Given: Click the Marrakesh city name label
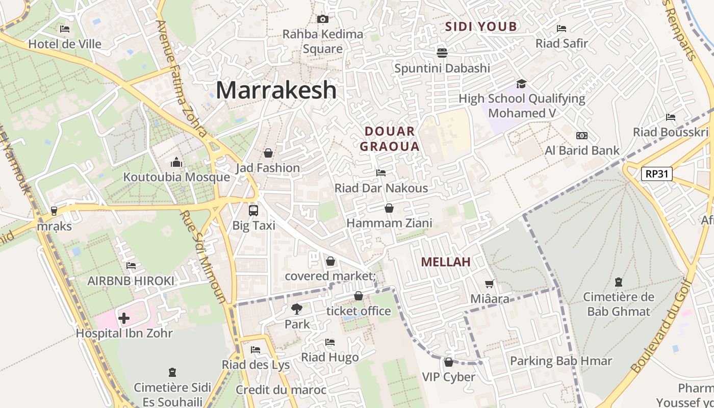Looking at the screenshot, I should [x=276, y=90].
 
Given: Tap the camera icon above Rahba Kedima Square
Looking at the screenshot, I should [x=322, y=19].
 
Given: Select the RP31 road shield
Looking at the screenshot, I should [x=656, y=174].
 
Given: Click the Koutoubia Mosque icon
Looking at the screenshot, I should [x=176, y=163].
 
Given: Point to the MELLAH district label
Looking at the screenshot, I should [x=445, y=262].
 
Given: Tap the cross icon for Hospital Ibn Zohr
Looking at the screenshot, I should [x=123, y=319].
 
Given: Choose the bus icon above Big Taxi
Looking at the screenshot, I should [x=253, y=210].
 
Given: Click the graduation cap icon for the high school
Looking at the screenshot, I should [x=521, y=84].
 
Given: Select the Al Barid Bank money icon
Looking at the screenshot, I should [x=581, y=136].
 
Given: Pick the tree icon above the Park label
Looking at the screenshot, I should [x=296, y=309].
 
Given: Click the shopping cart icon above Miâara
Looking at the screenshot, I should [x=490, y=284].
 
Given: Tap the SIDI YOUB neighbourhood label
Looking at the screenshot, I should [x=481, y=27].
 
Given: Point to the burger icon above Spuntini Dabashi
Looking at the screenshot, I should [x=442, y=53].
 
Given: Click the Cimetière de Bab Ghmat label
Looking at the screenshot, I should [x=618, y=304].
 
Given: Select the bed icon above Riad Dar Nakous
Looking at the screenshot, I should [x=380, y=173].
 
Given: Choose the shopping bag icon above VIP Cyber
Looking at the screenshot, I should [x=448, y=362].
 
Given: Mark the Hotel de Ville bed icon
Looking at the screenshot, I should [x=65, y=29].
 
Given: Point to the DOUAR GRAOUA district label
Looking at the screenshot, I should [x=390, y=139].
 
